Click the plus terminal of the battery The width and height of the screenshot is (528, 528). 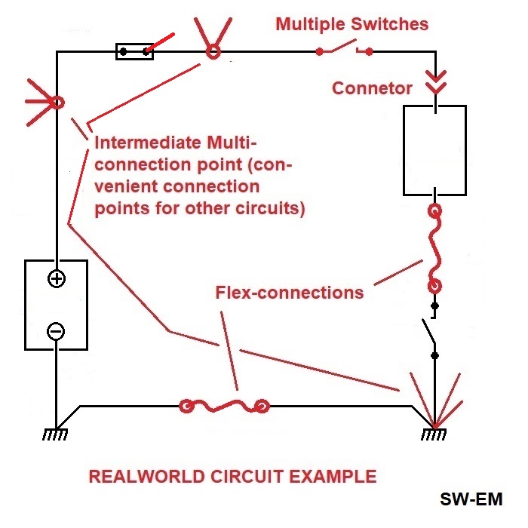click(57, 279)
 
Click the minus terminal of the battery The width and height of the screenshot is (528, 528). click(57, 330)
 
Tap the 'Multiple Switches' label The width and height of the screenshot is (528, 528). click(351, 24)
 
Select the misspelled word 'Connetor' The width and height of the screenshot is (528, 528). click(373, 88)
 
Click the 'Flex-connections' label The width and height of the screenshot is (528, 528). click(289, 292)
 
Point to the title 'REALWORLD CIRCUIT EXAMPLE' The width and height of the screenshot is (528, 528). click(232, 477)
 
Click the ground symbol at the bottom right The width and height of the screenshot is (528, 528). click(434, 434)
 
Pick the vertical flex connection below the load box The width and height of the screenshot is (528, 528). click(434, 249)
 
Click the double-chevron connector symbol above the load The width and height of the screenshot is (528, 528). click(435, 81)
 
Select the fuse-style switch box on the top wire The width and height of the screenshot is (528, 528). click(134, 51)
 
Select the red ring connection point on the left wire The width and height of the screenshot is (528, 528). click(57, 100)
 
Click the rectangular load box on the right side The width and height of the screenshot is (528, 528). click(434, 150)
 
